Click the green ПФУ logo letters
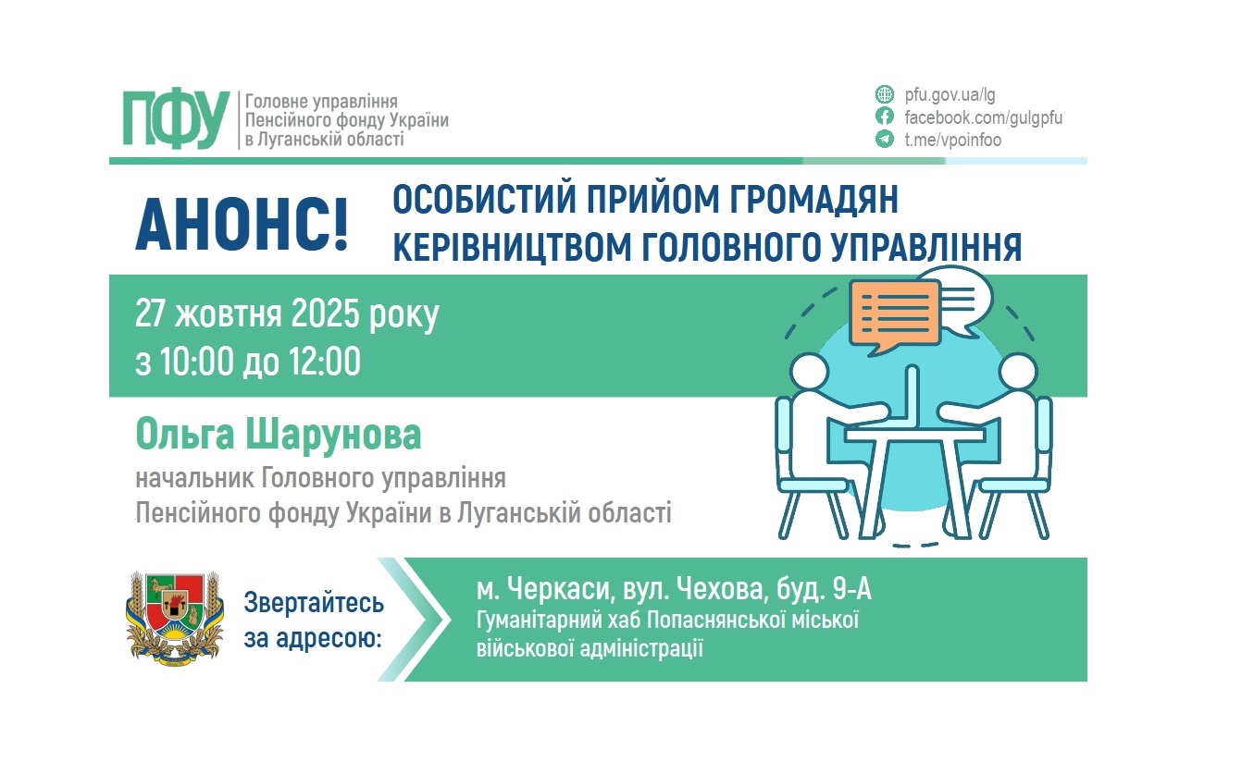176,120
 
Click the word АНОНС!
242,223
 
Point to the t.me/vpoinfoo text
952,141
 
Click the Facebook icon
885,117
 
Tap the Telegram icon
885,141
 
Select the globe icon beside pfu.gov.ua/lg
885,94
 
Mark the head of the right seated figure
1017,375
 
